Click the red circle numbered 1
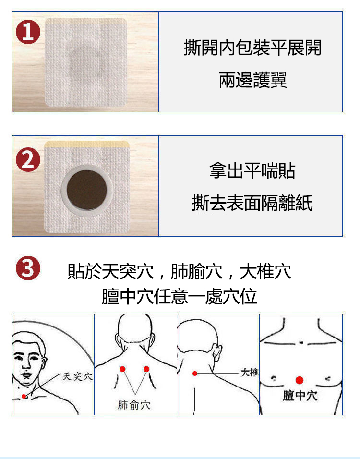(x=28, y=32)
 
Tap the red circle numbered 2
(x=28, y=159)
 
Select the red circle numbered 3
(x=28, y=268)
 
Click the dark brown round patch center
(x=86, y=190)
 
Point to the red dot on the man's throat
(x=24, y=396)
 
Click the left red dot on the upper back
(x=122, y=369)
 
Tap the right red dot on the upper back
(x=146, y=369)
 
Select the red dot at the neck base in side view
(x=195, y=373)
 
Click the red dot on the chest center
(x=300, y=380)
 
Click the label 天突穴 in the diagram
(x=78, y=376)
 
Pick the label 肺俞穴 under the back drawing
(x=134, y=405)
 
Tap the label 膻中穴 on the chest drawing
(x=300, y=396)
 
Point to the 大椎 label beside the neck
(x=250, y=373)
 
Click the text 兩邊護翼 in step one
(x=253, y=80)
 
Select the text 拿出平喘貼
(x=252, y=170)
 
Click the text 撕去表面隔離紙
(x=252, y=203)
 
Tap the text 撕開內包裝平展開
(x=252, y=48)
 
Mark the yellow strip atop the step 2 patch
(x=87, y=144)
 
